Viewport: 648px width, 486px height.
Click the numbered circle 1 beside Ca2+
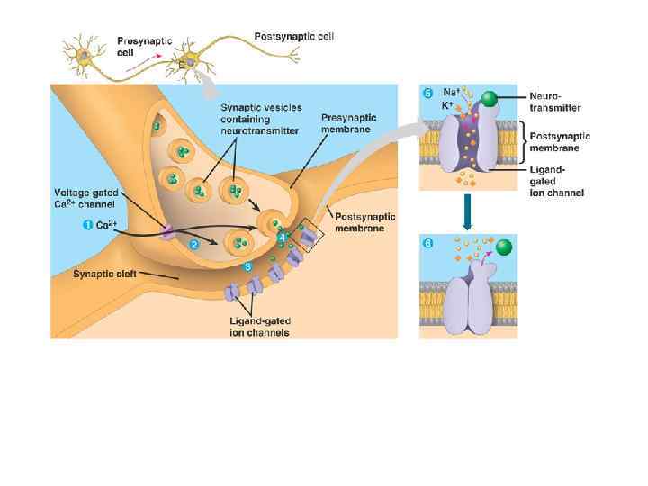[88, 225]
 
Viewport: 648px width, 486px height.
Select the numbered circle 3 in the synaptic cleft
[248, 267]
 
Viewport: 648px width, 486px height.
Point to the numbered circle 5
[427, 93]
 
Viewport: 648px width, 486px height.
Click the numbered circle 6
[427, 243]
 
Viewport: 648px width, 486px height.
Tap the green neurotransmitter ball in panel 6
[504, 247]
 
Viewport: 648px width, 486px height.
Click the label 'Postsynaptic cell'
[293, 37]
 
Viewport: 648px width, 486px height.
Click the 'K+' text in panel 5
[448, 104]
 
